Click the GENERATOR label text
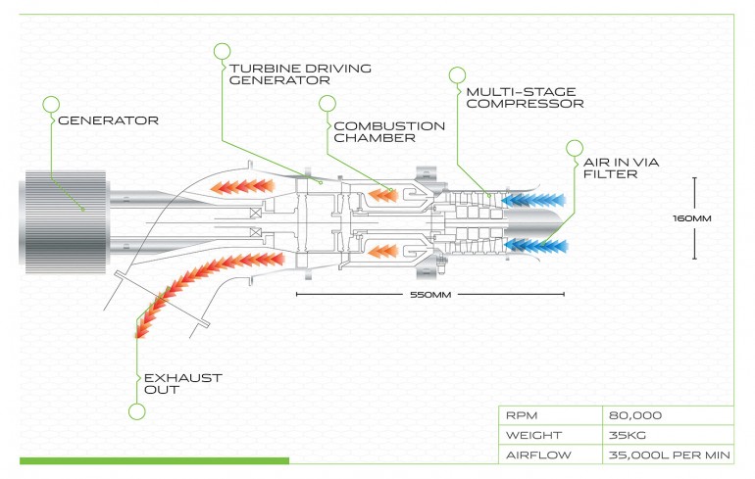(x=108, y=120)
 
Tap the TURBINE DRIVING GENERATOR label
(x=300, y=74)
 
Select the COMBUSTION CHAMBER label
(x=389, y=132)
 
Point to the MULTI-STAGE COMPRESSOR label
(x=525, y=98)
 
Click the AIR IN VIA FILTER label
(x=621, y=168)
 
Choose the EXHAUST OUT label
(x=183, y=384)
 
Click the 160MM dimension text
(x=692, y=218)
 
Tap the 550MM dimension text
(x=430, y=294)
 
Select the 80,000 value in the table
(x=635, y=415)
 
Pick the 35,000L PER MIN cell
(x=670, y=455)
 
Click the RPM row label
(x=522, y=415)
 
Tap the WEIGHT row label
(x=533, y=435)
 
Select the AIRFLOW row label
(x=538, y=455)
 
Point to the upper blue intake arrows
(x=533, y=200)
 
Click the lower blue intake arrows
(x=536, y=246)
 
